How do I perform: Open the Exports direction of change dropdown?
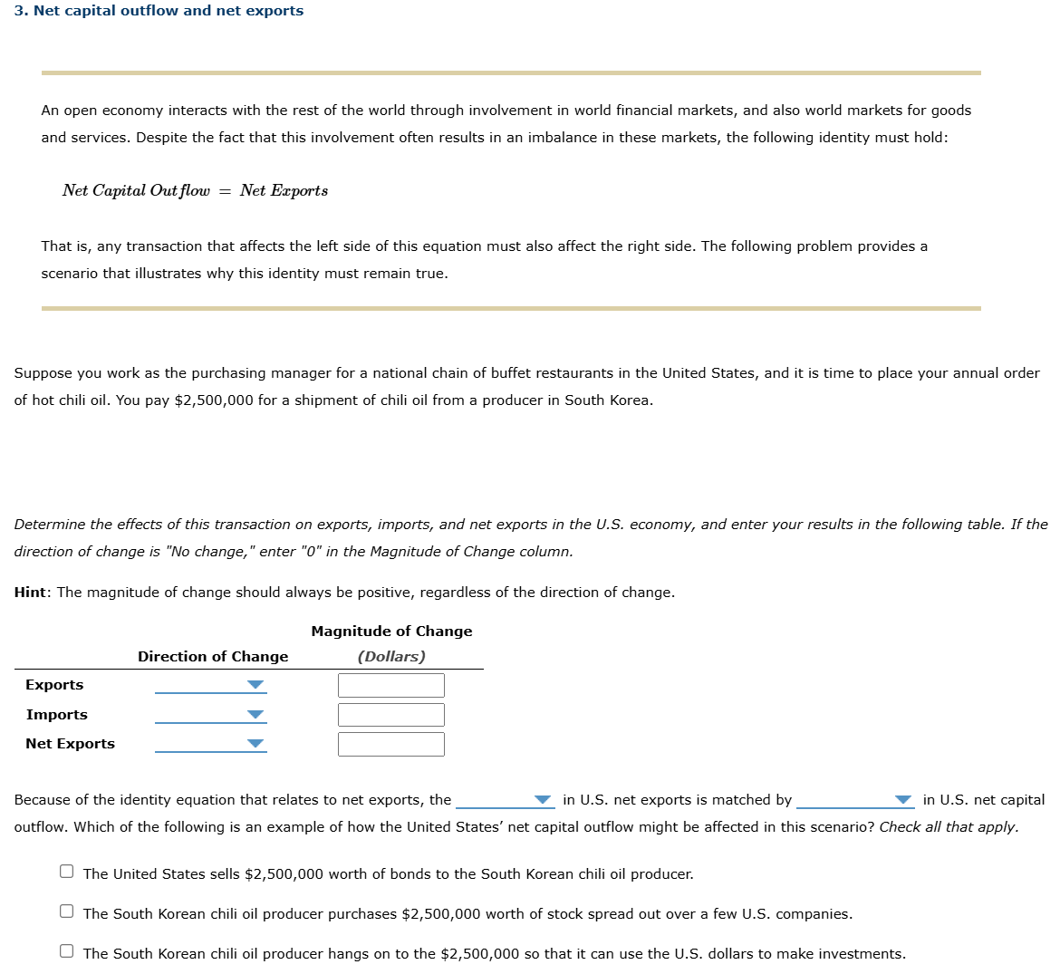pyautogui.click(x=210, y=685)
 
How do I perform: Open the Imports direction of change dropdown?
pyautogui.click(x=210, y=715)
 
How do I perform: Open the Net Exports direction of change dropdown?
pyautogui.click(x=210, y=744)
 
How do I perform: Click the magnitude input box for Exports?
pyautogui.click(x=390, y=685)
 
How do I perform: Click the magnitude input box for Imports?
pyautogui.click(x=390, y=715)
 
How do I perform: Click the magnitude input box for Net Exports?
pyautogui.click(x=390, y=744)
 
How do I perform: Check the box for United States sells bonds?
pyautogui.click(x=67, y=872)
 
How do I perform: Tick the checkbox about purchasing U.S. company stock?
pyautogui.click(x=67, y=911)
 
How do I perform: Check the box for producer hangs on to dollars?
pyautogui.click(x=67, y=951)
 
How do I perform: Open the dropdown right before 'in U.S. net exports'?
pyautogui.click(x=505, y=800)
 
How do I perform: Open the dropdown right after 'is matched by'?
pyautogui.click(x=854, y=800)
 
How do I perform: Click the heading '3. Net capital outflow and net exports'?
pyautogui.click(x=159, y=11)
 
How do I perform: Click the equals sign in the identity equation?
pyautogui.click(x=224, y=191)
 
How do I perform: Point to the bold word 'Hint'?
pyautogui.click(x=30, y=593)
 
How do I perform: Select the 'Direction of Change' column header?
pyautogui.click(x=213, y=657)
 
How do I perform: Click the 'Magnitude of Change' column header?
pyautogui.click(x=391, y=632)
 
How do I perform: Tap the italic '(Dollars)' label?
pyautogui.click(x=391, y=657)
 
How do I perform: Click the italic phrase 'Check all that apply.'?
pyautogui.click(x=949, y=827)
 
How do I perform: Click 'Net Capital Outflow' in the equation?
pyautogui.click(x=136, y=191)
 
